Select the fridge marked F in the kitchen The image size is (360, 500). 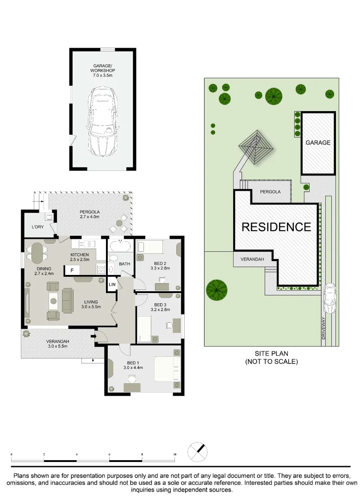tap(72, 270)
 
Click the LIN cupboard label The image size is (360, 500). tap(112, 284)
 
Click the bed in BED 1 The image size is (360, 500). tap(165, 369)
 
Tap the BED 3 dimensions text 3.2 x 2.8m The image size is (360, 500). tap(160, 310)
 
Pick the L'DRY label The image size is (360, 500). tap(37, 227)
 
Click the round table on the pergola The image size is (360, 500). tap(119, 223)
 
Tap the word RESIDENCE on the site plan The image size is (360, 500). tap(276, 227)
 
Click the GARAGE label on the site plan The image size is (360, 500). tap(318, 143)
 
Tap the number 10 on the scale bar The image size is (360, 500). tap(174, 455)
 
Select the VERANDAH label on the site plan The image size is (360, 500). tap(251, 259)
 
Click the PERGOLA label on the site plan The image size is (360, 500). tap(270, 191)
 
